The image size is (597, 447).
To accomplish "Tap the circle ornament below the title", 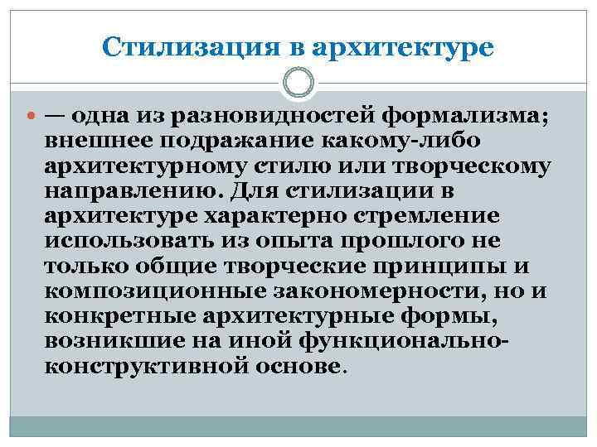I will tap(298, 84).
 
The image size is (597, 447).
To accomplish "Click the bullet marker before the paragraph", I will tap(31, 116).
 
